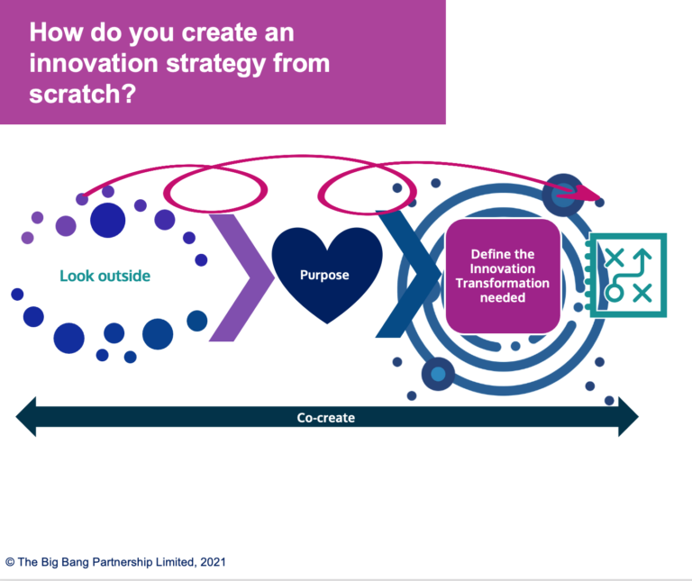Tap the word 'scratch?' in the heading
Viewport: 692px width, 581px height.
tap(82, 94)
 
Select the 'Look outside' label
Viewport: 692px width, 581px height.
tap(105, 276)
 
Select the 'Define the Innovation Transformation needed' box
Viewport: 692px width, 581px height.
tap(503, 276)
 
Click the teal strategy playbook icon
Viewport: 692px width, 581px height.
tap(628, 275)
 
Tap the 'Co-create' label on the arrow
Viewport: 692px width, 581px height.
tap(325, 418)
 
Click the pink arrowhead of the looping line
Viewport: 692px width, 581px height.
tap(589, 193)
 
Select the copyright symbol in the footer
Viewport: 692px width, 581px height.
tap(10, 561)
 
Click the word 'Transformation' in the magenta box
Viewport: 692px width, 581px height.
tap(503, 283)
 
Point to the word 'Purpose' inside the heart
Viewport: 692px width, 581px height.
tap(325, 275)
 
